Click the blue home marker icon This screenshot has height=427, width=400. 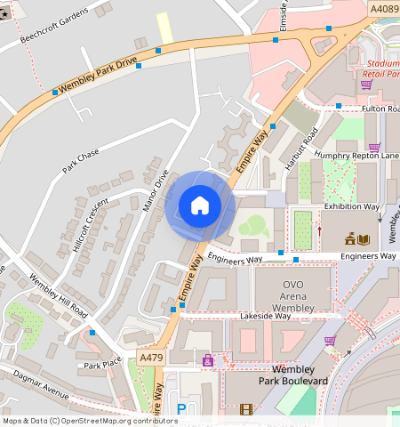[200, 205]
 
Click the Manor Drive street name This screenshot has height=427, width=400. [155, 190]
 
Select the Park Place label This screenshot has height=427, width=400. [102, 365]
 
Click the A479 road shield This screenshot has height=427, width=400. [152, 357]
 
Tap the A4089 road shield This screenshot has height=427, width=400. [384, 8]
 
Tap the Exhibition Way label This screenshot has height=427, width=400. [351, 206]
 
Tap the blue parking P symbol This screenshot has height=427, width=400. [181, 408]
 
